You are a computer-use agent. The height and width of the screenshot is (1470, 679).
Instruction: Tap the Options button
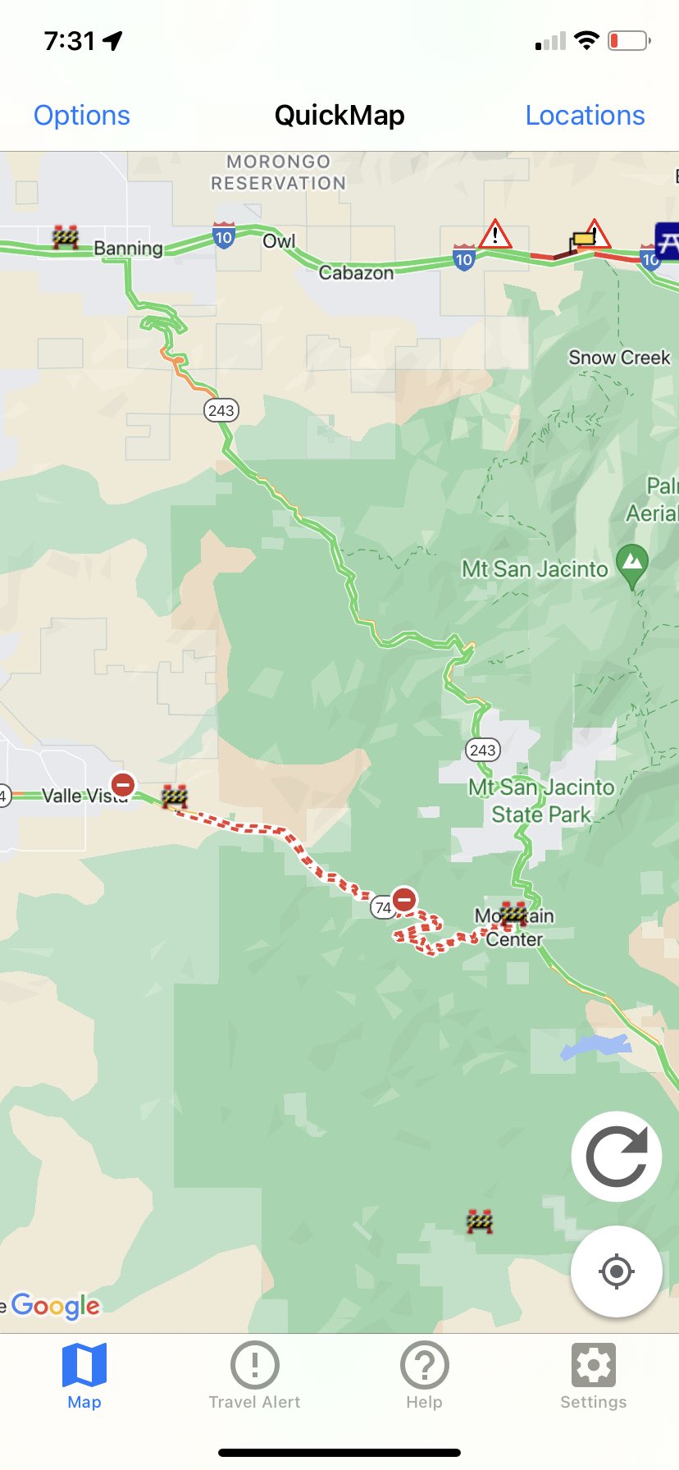pyautogui.click(x=82, y=116)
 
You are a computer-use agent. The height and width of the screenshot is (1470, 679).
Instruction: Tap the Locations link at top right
pyautogui.click(x=585, y=116)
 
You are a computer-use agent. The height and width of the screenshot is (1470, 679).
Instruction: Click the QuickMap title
pyautogui.click(x=339, y=116)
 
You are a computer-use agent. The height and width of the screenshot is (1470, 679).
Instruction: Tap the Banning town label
pyautogui.click(x=128, y=248)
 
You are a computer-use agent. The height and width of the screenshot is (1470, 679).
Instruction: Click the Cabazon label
pyautogui.click(x=356, y=272)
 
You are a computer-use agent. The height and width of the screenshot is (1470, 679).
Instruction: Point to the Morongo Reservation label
pyautogui.click(x=278, y=172)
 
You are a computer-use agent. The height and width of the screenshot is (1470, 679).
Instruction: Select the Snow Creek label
pyautogui.click(x=619, y=358)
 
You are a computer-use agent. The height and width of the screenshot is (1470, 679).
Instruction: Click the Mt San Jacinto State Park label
pyautogui.click(x=541, y=801)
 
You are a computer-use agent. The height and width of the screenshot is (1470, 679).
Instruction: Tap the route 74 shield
pyautogui.click(x=382, y=907)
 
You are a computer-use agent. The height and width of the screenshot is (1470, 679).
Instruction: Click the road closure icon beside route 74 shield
pyautogui.click(x=404, y=899)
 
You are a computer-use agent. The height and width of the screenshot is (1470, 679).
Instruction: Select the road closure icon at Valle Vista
pyautogui.click(x=123, y=785)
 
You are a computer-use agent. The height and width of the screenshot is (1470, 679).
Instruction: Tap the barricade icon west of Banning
pyautogui.click(x=66, y=237)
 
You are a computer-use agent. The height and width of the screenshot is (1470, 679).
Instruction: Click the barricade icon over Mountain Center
pyautogui.click(x=513, y=912)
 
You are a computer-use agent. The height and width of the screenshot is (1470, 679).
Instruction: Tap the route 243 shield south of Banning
pyautogui.click(x=221, y=410)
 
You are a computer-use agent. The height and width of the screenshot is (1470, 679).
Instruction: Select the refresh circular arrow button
pyautogui.click(x=617, y=1157)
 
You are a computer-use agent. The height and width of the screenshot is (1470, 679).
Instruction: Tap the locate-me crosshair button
pyautogui.click(x=617, y=1271)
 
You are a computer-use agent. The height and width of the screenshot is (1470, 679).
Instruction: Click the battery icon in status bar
pyautogui.click(x=628, y=41)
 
